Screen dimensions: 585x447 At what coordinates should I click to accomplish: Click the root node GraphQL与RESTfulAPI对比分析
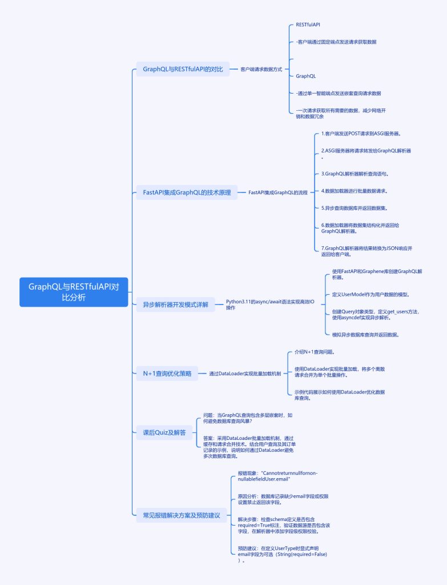coord(74,292)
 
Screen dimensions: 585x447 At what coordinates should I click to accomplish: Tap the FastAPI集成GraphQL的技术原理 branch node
coord(187,193)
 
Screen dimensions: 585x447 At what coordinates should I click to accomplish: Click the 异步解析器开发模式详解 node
coord(175,304)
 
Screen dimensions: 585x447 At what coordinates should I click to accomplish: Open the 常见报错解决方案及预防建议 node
coord(181,515)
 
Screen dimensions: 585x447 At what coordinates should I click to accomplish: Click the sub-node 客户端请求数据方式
coord(261,69)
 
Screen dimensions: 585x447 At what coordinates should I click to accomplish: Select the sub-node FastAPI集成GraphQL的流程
coord(277,193)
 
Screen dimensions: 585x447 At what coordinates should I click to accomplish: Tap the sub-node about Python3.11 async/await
coord(269,304)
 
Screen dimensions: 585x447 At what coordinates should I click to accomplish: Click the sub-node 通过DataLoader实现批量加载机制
coord(244,374)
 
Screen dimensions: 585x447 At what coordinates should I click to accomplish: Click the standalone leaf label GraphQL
coord(306,76)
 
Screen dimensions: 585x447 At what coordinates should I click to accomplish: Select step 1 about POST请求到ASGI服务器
coord(361,133)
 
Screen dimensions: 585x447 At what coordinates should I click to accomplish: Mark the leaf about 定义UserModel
coord(371,294)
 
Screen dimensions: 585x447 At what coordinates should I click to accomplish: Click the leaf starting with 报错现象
coord(277,476)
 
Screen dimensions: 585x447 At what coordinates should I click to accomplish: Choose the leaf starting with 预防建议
coord(283,554)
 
